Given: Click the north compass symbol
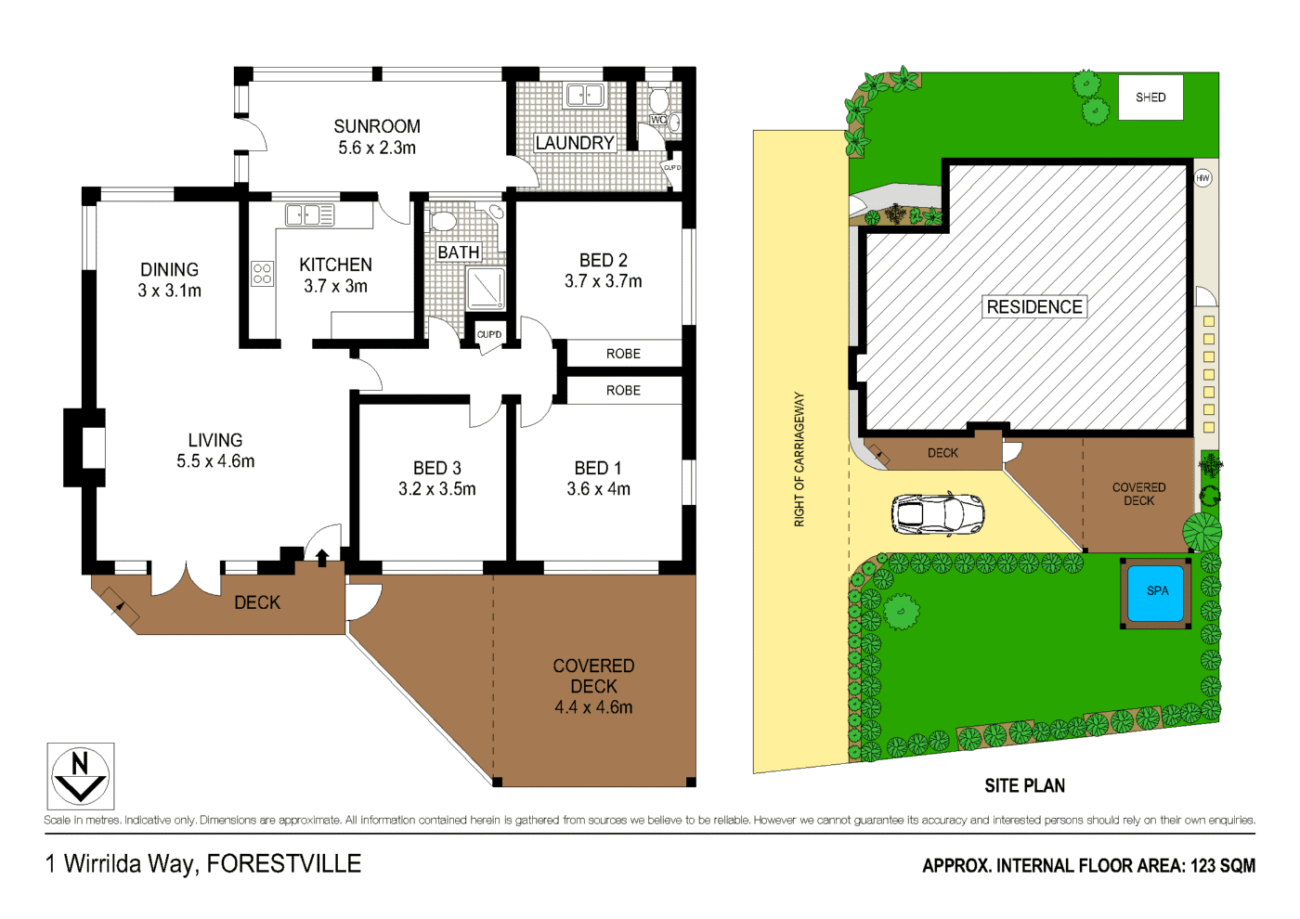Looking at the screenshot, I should point(80,777).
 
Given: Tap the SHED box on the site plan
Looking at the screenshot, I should point(1150,97).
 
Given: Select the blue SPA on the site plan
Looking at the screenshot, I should point(1156,593).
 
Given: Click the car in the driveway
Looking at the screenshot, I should point(937,513).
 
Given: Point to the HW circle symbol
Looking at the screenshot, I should point(1202,177).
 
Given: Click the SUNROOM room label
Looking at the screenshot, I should point(377,126).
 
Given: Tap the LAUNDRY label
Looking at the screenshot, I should point(575,143).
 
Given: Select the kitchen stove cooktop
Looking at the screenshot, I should point(262,273).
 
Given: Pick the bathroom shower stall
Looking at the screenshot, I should point(485,288).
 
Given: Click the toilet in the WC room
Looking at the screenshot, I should point(659,100).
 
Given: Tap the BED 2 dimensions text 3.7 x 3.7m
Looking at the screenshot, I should point(603,281).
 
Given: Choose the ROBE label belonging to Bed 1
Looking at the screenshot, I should point(623,391).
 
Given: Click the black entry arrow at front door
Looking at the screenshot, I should point(322,557).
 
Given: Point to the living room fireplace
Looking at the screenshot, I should point(86,447).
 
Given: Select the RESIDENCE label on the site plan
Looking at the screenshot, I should point(1034,307).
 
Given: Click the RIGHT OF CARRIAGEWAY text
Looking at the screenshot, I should point(799,459).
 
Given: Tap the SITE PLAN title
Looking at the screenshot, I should point(1024,786).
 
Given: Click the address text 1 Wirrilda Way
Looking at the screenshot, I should point(120,864).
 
